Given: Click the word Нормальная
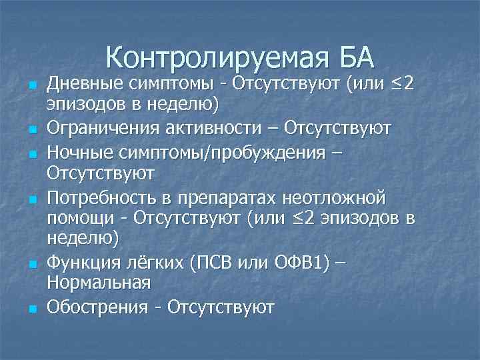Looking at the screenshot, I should [x=98, y=283].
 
